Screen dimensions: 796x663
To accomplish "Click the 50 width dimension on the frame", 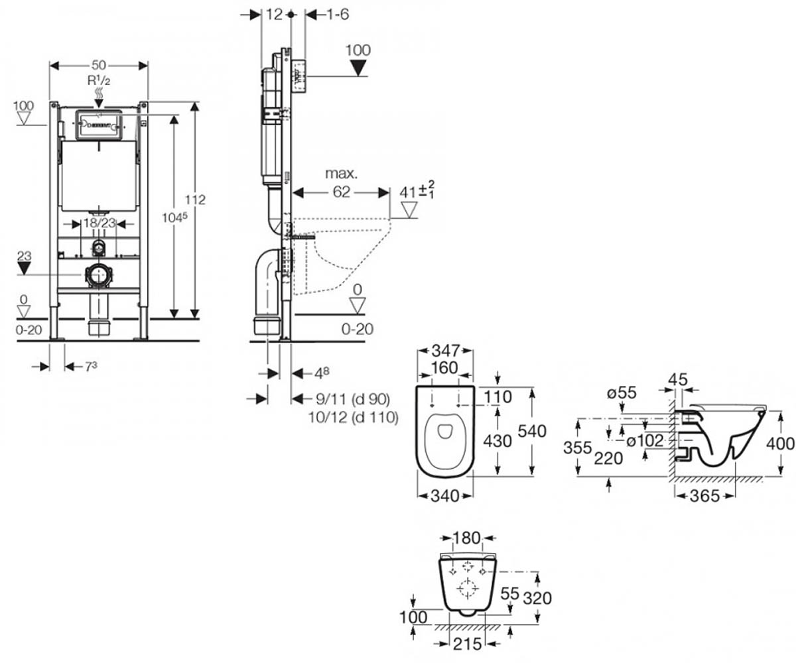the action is tap(99, 65).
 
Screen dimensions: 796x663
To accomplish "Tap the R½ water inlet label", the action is tap(99, 81).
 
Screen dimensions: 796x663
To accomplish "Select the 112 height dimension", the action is tap(195, 200).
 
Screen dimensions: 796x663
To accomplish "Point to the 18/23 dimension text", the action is tap(99, 223).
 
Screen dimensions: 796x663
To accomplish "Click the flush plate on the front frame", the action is tap(99, 125).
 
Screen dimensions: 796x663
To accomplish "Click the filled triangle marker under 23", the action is tap(24, 269).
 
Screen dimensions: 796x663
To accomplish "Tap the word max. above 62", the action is tap(342, 174).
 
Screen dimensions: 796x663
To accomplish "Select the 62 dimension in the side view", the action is tap(341, 192).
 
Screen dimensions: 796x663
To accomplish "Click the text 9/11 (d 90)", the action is tap(353, 399).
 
